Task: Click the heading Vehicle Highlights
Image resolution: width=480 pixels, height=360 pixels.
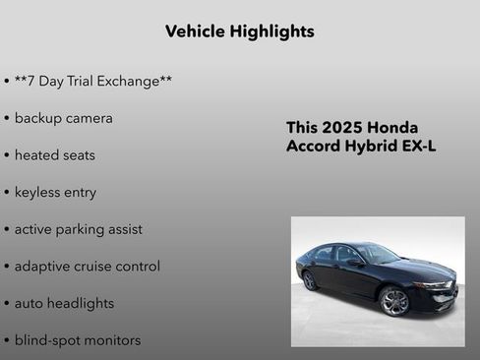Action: click(x=240, y=31)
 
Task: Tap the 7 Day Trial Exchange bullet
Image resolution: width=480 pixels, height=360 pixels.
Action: click(x=93, y=81)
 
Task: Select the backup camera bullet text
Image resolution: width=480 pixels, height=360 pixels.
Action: click(x=63, y=118)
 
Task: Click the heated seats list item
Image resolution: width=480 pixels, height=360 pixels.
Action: click(x=54, y=155)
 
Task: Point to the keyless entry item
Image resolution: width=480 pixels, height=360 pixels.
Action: click(x=55, y=193)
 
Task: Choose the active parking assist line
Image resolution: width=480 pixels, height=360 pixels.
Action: click(x=78, y=229)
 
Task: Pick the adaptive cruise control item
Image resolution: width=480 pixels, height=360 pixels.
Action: click(x=87, y=267)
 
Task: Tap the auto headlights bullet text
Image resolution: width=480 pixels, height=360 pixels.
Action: click(x=64, y=304)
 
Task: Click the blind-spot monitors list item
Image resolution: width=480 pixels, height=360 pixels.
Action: click(x=77, y=340)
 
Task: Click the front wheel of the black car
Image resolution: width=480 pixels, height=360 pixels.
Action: click(x=394, y=300)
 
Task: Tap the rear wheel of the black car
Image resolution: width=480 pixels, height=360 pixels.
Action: click(x=310, y=280)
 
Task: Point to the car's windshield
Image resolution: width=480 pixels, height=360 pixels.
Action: click(x=378, y=254)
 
